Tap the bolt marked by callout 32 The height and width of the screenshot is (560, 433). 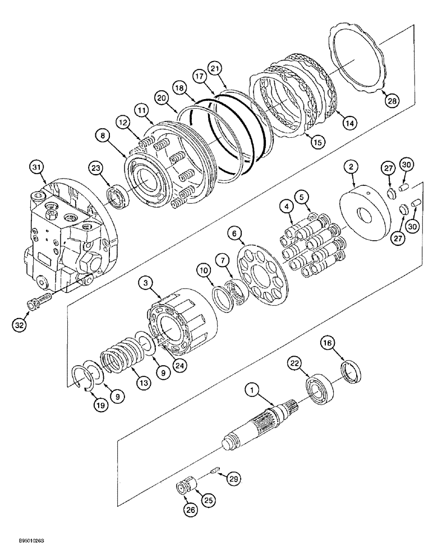[x=39, y=301]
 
